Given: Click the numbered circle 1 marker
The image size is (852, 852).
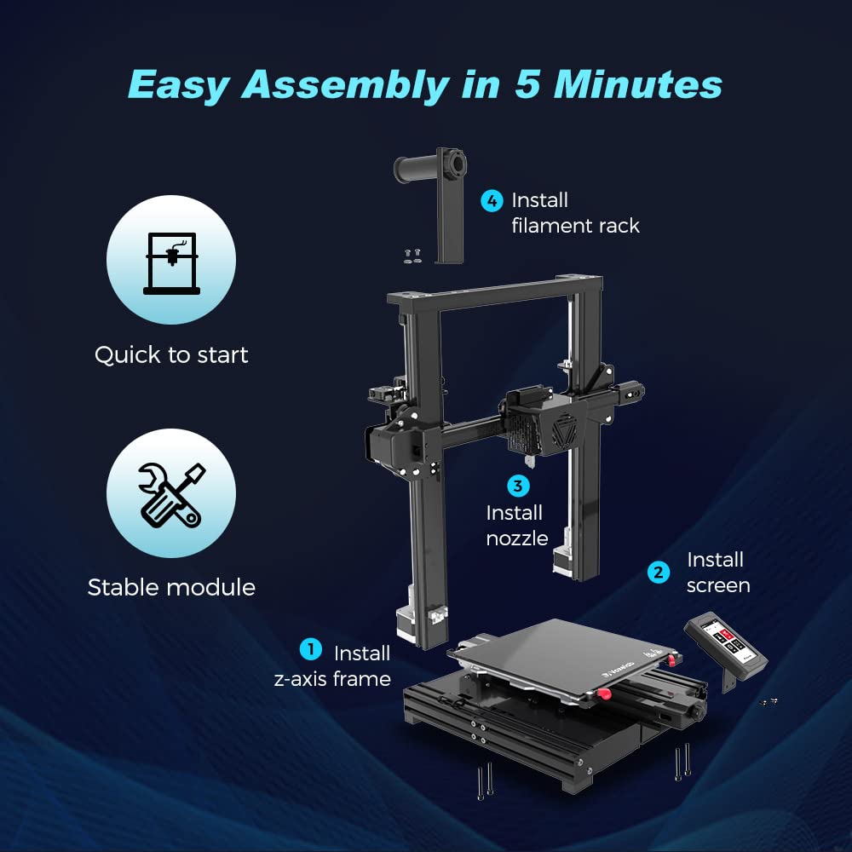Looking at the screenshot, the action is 311,648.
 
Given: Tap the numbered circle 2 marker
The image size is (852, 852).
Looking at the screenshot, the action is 659,573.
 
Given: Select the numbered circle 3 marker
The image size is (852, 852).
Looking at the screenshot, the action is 518,486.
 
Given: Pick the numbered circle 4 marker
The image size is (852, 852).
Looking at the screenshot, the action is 492,201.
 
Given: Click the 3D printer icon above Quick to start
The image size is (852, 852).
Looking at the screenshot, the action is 172,263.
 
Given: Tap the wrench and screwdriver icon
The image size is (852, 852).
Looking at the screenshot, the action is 171,495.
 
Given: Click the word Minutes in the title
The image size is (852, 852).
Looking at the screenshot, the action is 637,84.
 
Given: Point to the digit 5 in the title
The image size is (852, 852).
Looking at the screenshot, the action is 527,84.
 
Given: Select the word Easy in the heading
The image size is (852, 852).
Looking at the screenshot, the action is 179,86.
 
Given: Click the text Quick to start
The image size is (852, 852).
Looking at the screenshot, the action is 171,354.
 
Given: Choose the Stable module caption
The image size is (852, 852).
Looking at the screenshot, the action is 171,587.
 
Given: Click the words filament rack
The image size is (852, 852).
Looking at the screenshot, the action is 575,226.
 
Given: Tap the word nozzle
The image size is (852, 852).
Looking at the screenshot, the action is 517,538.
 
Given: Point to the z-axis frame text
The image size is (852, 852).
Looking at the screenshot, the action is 332,679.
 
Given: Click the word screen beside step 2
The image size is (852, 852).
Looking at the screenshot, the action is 717,586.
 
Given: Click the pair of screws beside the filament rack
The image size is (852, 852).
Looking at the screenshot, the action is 412,256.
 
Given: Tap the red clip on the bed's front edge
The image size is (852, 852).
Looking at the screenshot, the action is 602,694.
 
